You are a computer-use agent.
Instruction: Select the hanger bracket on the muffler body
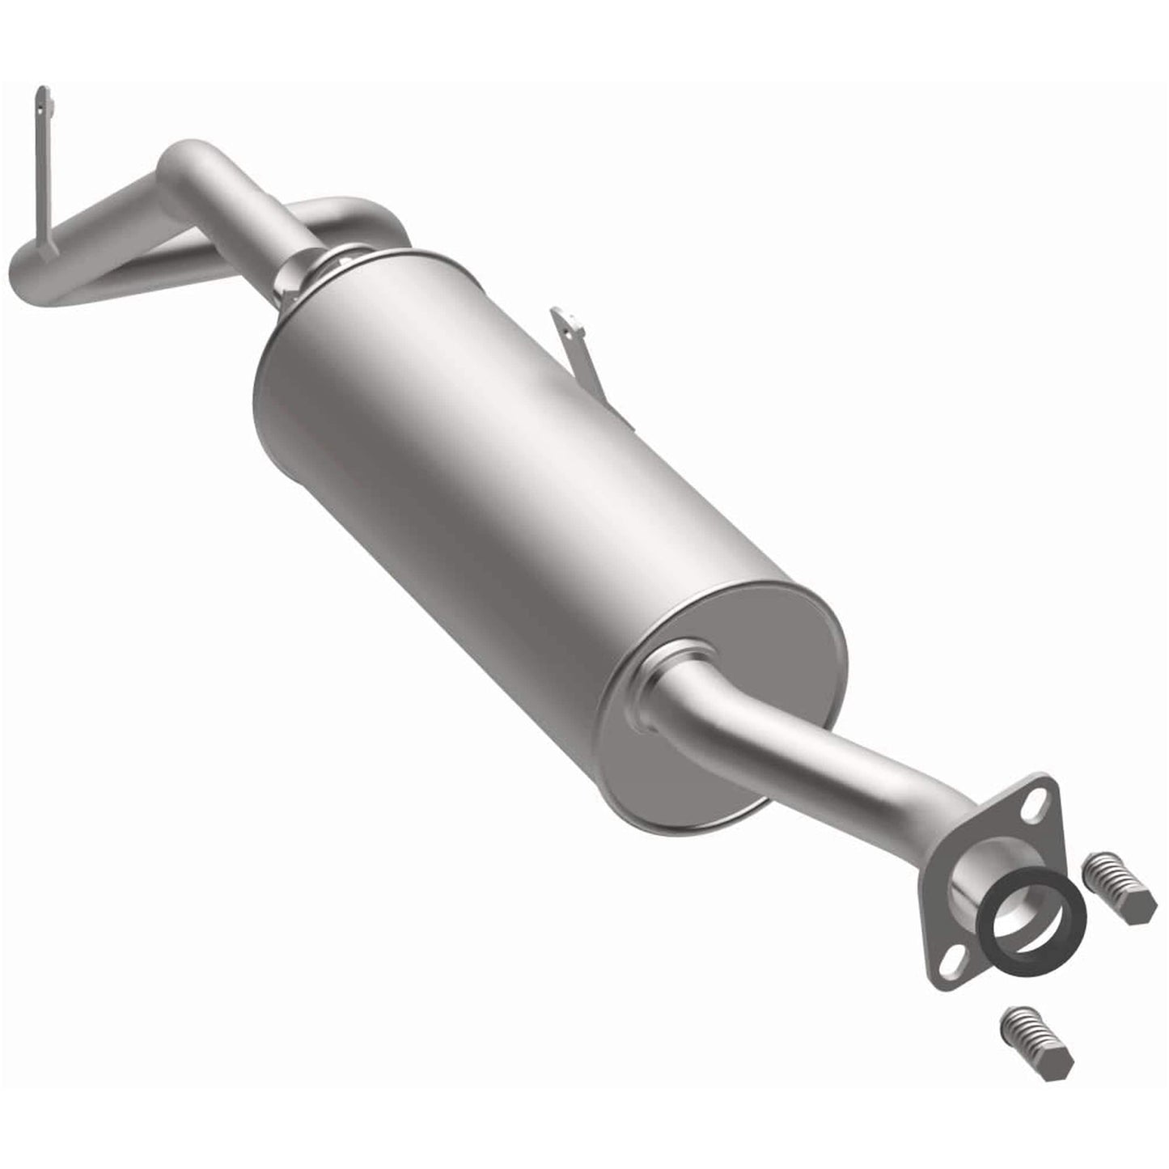(x=578, y=348)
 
